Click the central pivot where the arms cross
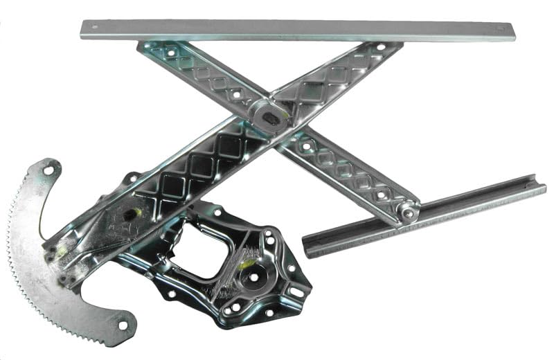[271, 118]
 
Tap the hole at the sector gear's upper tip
[48, 169]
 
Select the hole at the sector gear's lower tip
[123, 323]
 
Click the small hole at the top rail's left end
[95, 28]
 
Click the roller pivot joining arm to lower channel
[409, 213]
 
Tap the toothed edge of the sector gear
[28, 270]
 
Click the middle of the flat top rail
[298, 29]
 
